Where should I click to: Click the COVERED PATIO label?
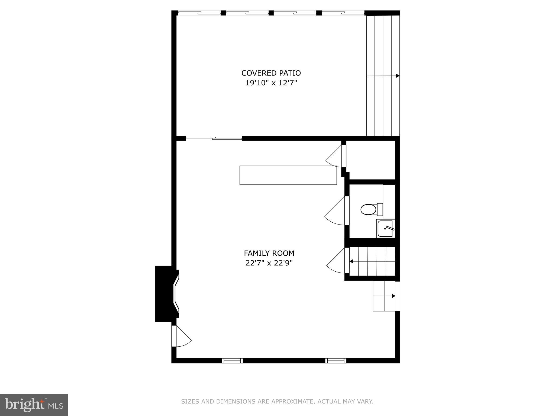[271, 73]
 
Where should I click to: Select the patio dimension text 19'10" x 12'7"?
[271, 83]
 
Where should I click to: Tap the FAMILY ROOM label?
[269, 253]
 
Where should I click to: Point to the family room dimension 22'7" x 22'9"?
[269, 263]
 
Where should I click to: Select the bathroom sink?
[385, 229]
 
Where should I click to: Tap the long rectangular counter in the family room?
[288, 175]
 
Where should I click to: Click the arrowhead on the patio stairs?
[398, 76]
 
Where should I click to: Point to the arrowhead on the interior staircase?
[351, 261]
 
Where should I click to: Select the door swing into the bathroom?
[336, 213]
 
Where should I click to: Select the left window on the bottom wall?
[232, 360]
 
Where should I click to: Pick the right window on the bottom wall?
[335, 360]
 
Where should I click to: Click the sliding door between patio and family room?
[214, 138]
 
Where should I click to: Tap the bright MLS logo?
[34, 405]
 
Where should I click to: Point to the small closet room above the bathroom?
[371, 160]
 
